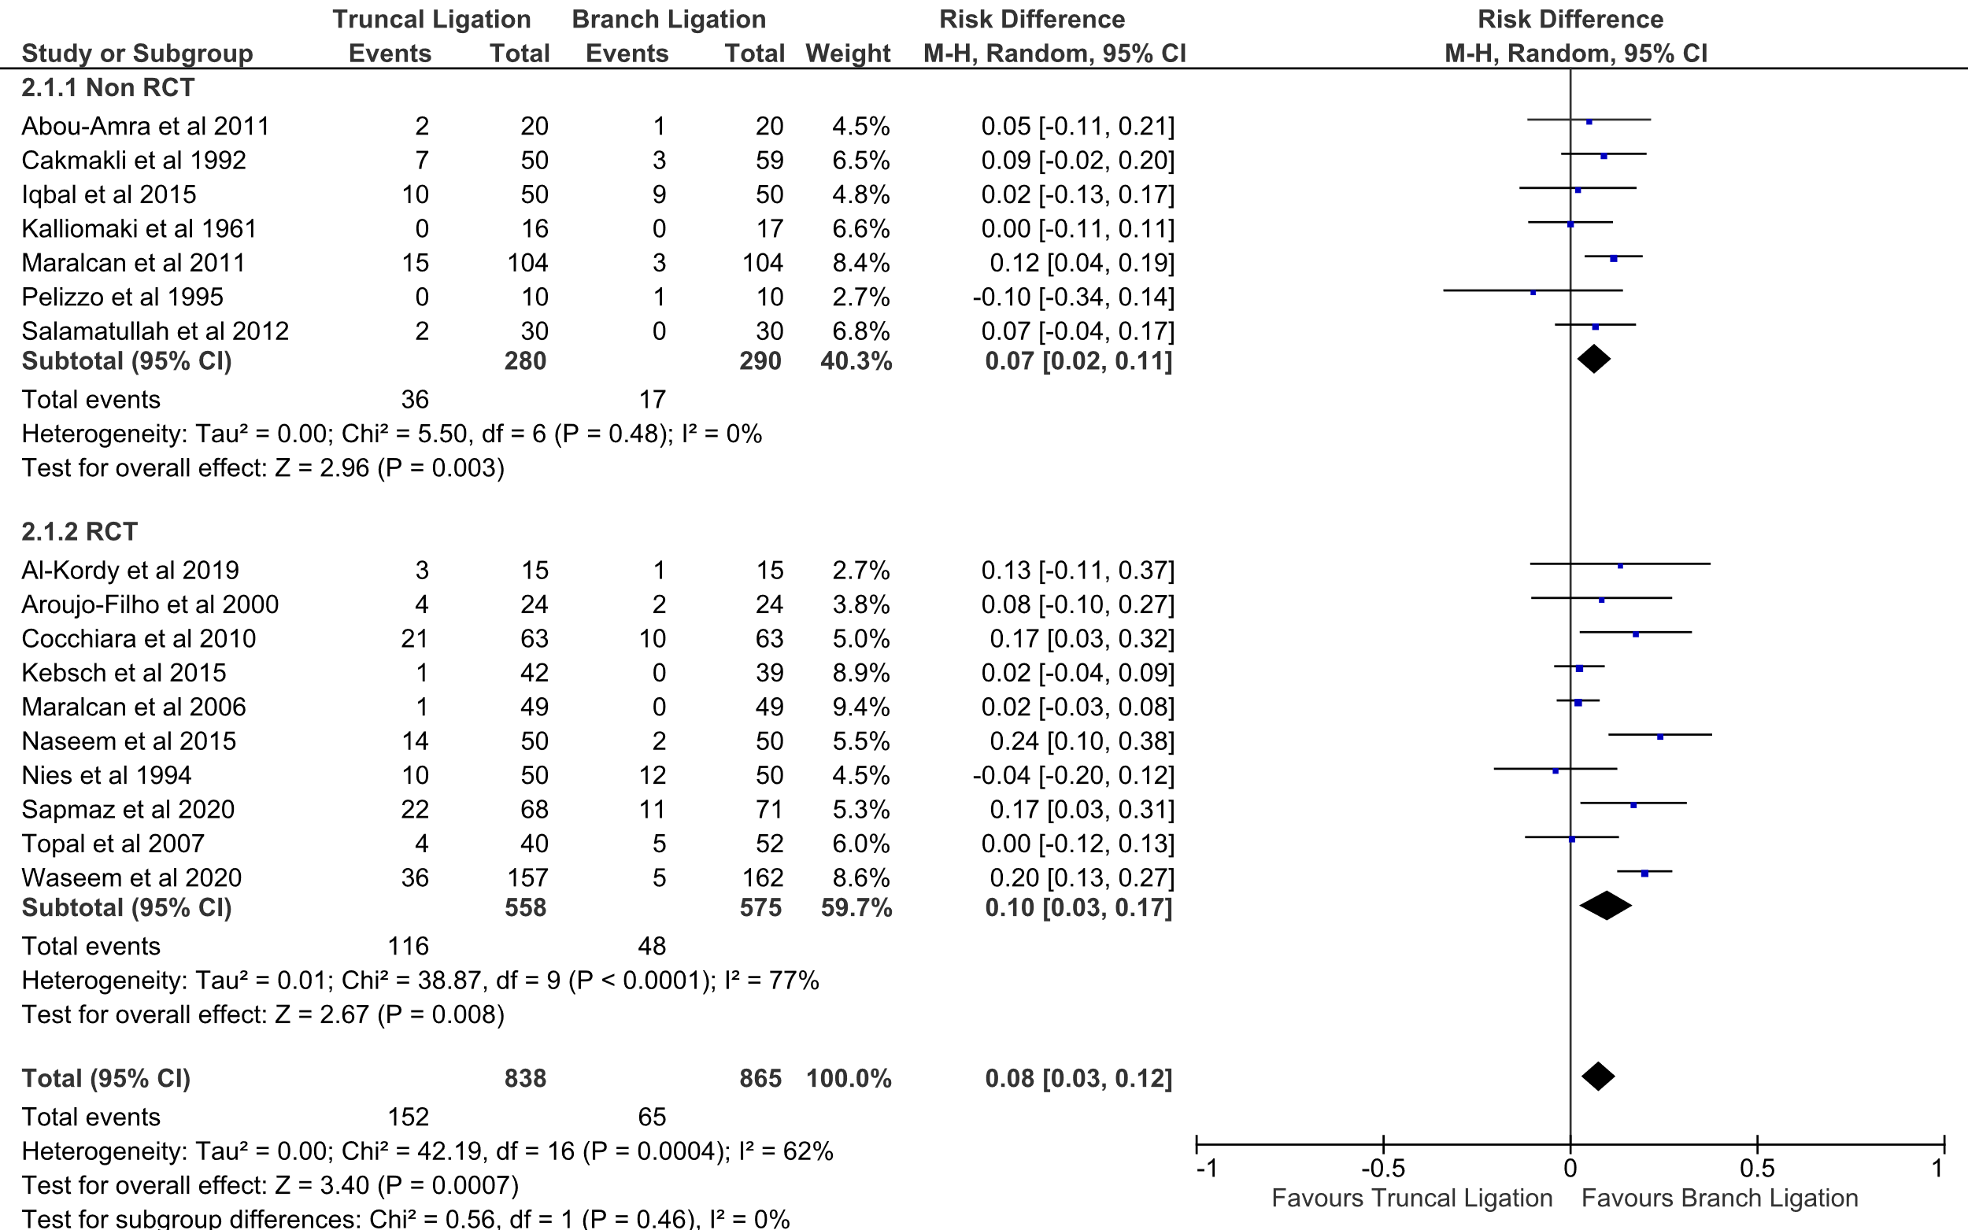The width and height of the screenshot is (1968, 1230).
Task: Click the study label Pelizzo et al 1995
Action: click(122, 297)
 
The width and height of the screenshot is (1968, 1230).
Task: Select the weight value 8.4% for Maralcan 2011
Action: click(860, 263)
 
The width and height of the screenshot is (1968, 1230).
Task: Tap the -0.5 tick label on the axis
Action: click(1382, 1169)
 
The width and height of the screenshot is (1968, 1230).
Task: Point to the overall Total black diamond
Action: click(1598, 1077)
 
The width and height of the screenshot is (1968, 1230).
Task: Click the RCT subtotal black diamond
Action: click(1605, 906)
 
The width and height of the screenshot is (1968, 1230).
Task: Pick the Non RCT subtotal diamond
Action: click(1593, 359)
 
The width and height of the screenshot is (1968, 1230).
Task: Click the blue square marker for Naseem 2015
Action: click(1659, 737)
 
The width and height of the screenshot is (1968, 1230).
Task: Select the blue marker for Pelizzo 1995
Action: click(1533, 292)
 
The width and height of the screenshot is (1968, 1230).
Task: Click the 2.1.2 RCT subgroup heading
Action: click(80, 531)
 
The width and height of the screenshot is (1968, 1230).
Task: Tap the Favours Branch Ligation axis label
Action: click(1719, 1199)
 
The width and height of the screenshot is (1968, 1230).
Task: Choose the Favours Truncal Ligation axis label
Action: click(1411, 1199)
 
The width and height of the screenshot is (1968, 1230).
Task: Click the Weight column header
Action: click(848, 54)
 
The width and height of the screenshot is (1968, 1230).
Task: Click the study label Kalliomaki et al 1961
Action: click(139, 228)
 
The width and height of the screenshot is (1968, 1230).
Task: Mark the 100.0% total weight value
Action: click(849, 1079)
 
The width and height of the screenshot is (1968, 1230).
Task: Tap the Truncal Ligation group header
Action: click(431, 20)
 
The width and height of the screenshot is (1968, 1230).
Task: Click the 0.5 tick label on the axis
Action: click(1756, 1169)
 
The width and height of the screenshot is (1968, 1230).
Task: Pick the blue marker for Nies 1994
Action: click(1556, 770)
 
